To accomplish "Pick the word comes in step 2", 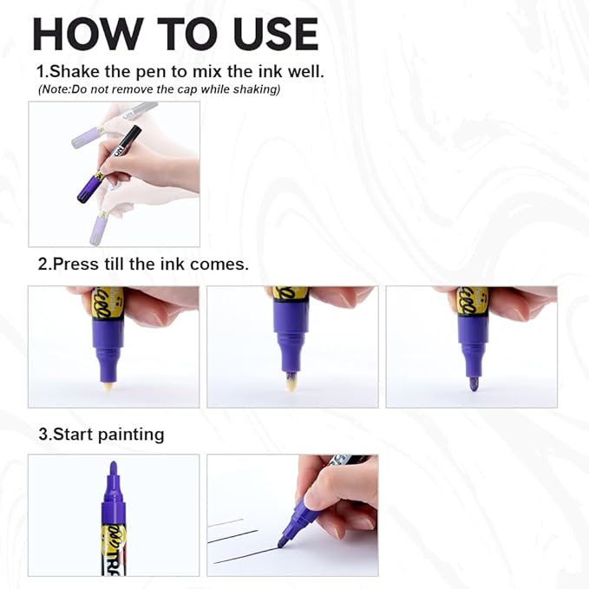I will point(220,264).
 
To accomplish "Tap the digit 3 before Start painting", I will point(41,434).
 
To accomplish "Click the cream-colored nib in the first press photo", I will point(108,386).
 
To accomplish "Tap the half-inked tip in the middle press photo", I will point(291,383).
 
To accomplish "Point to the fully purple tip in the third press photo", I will point(474,383).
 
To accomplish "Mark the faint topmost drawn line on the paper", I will point(226,522).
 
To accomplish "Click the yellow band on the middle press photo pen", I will point(290,294).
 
